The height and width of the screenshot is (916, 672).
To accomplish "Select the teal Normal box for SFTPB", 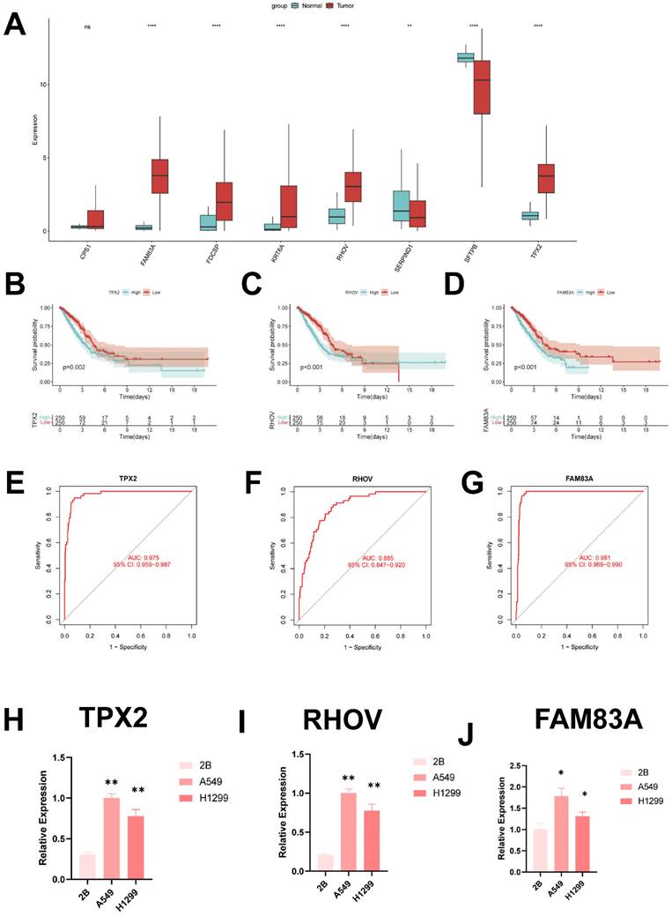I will [465, 58].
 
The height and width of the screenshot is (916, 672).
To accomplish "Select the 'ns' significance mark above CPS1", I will [87, 26].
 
